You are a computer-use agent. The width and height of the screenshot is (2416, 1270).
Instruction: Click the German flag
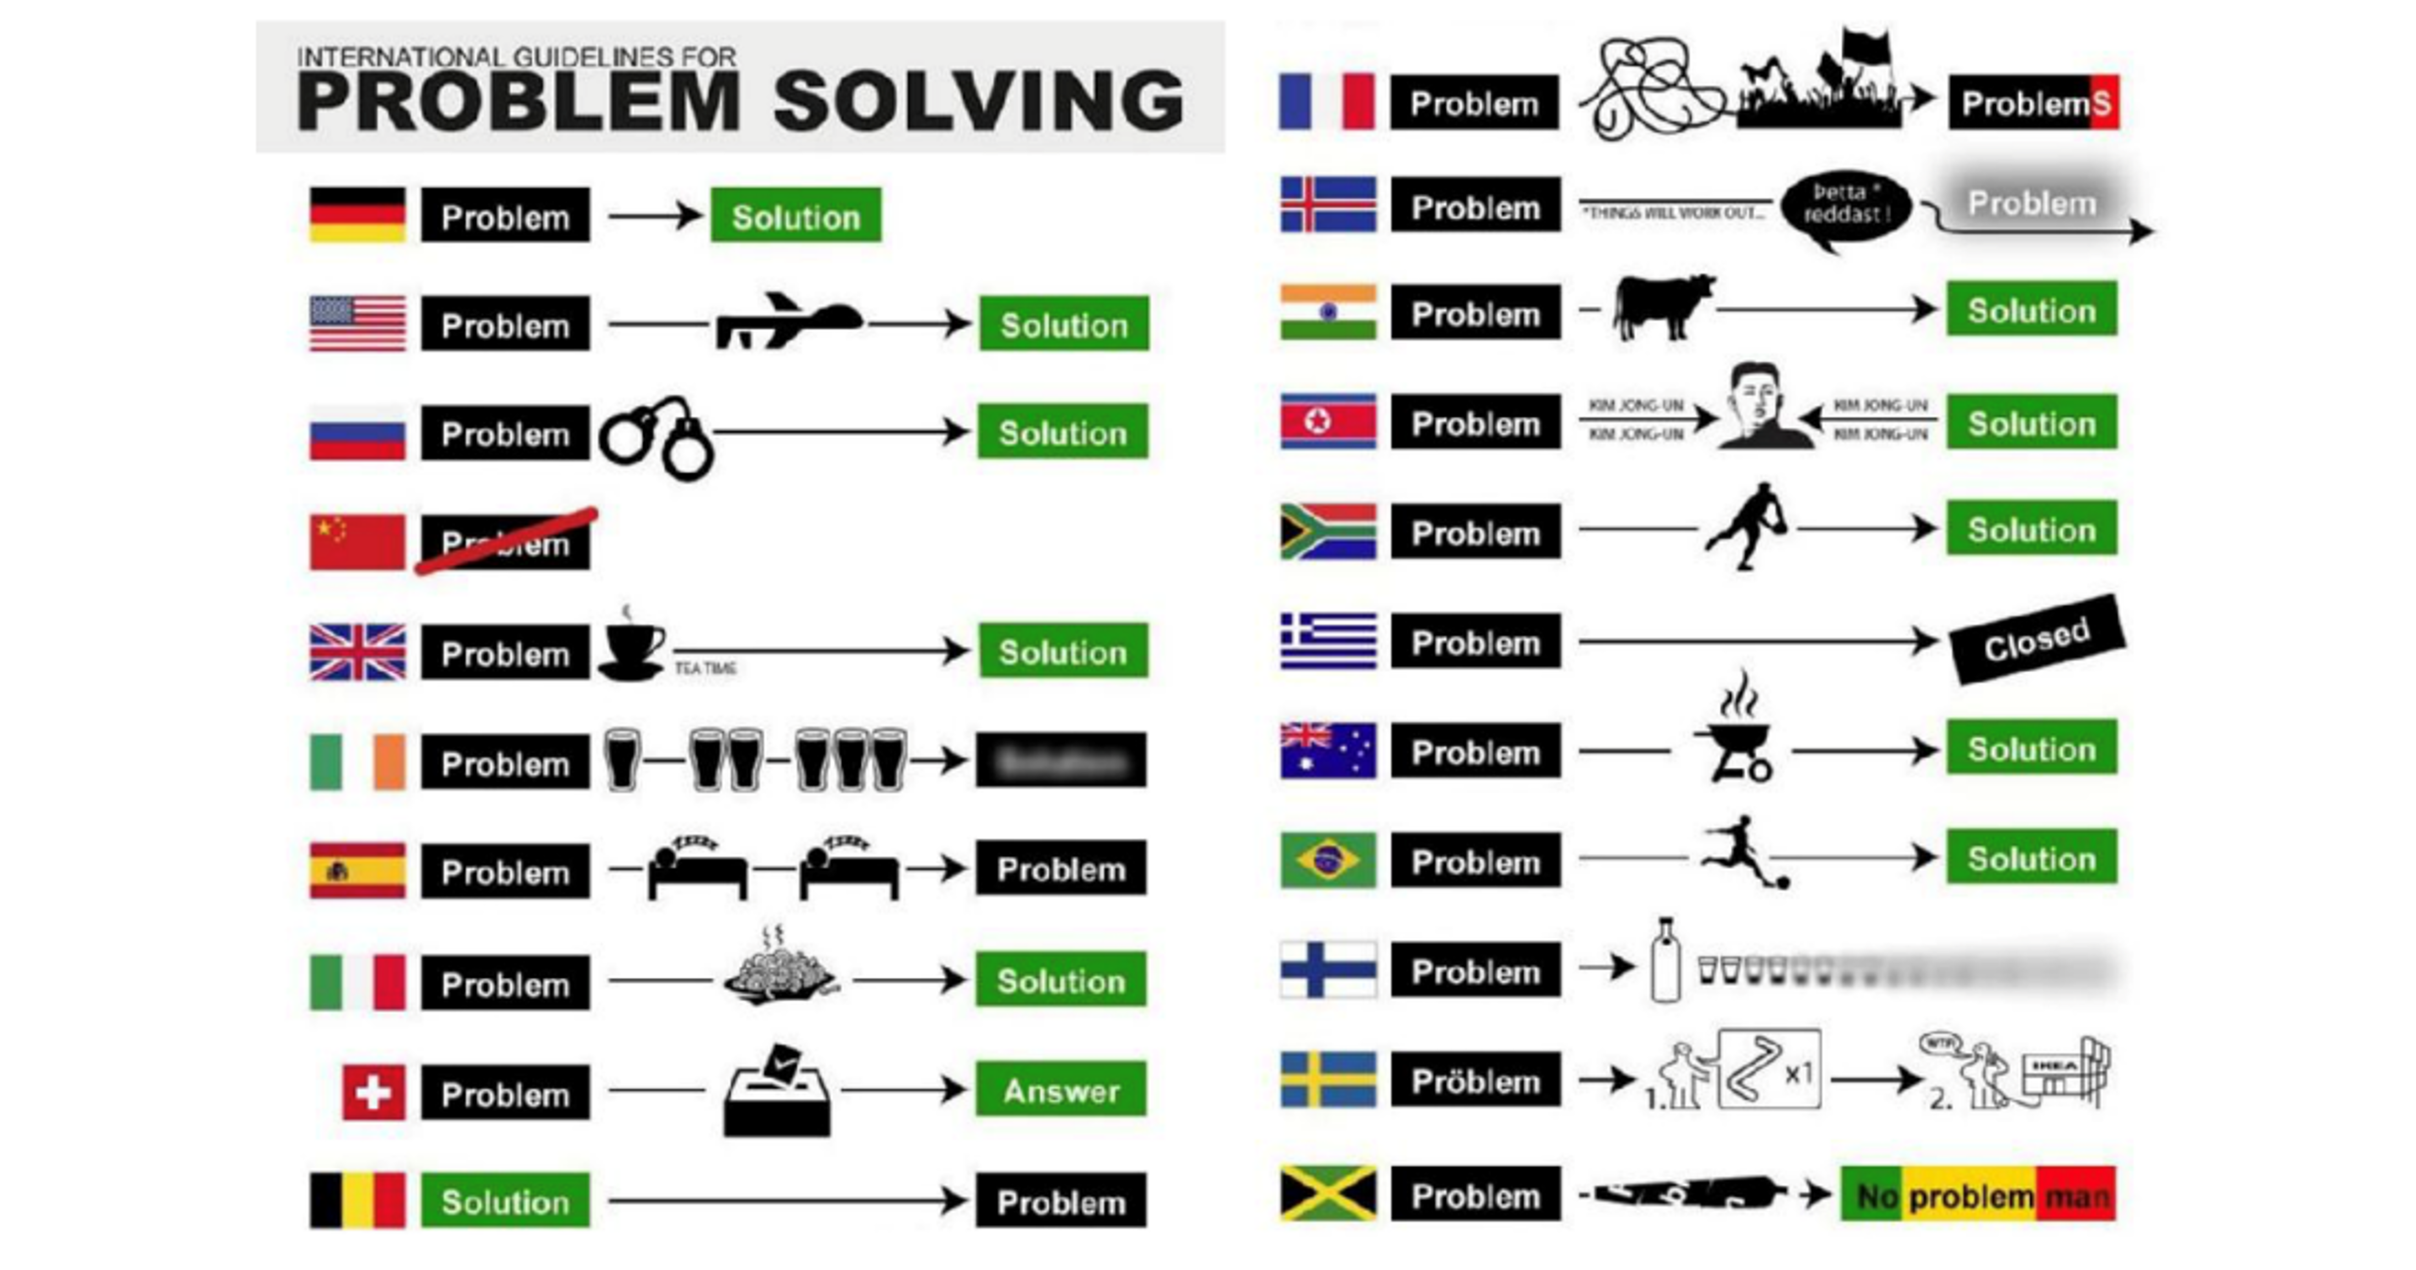[x=357, y=215]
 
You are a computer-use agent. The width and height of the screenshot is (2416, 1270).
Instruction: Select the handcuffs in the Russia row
[x=657, y=438]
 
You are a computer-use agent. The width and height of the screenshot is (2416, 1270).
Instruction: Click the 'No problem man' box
[x=1978, y=1195]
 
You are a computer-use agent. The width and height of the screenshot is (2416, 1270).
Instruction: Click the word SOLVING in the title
[x=978, y=101]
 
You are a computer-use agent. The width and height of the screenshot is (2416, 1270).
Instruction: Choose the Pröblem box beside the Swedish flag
[x=1475, y=1080]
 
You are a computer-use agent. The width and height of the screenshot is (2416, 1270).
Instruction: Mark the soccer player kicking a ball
[x=1743, y=851]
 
